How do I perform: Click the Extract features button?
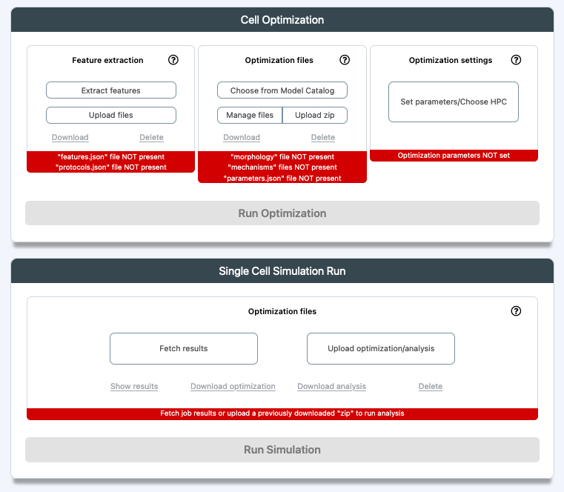click(110, 90)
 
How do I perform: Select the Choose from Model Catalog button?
click(282, 90)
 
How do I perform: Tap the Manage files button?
click(250, 115)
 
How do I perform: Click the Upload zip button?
click(315, 115)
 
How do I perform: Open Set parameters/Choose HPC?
click(454, 102)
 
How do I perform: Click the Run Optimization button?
click(282, 213)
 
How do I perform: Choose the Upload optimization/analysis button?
click(381, 348)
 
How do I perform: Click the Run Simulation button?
click(282, 450)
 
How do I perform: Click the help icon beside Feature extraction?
click(173, 60)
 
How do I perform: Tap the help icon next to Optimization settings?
click(516, 60)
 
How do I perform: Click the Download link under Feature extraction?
click(70, 137)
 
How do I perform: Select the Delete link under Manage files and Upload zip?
click(323, 137)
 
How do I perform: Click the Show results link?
click(134, 386)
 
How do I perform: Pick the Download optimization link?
click(233, 386)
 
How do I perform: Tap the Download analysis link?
click(331, 386)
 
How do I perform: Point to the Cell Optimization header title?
click(282, 20)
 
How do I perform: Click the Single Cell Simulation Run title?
click(282, 270)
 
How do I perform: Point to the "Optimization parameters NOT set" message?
click(454, 156)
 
